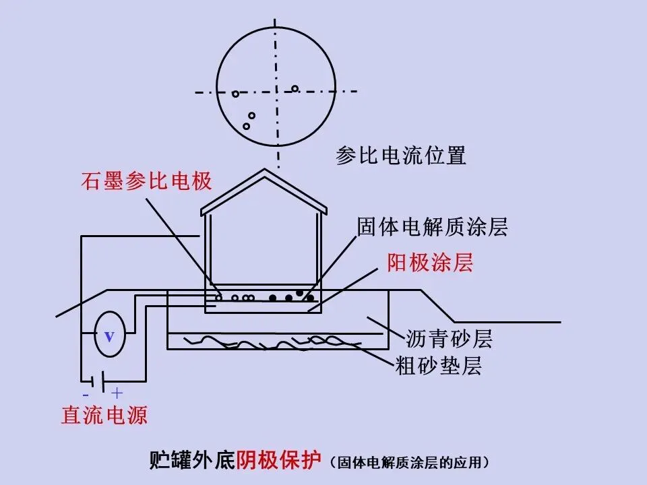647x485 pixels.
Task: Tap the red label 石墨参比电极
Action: coord(147,181)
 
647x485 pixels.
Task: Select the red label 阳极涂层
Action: coord(430,263)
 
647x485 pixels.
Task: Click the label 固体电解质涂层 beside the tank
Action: coord(432,227)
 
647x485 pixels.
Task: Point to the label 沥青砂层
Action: coord(449,338)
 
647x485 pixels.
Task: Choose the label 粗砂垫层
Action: coord(438,366)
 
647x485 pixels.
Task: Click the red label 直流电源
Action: coord(104,414)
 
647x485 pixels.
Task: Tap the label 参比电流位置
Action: coord(401,156)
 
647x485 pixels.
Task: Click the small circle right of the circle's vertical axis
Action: coord(295,88)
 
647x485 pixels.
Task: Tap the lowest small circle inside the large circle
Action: coord(247,126)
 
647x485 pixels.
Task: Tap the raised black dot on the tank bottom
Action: coord(299,293)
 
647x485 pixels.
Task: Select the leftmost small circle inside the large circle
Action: coord(235,94)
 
